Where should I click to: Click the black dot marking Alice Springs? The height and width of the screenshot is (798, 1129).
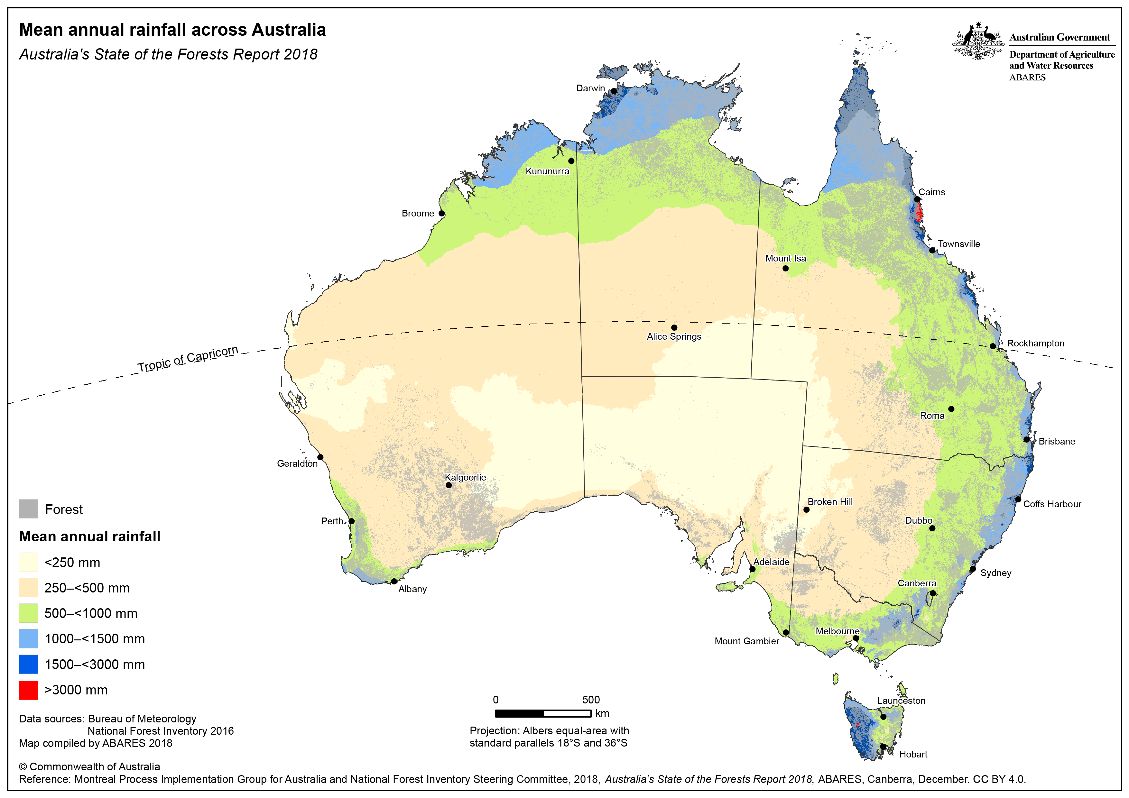coord(674,327)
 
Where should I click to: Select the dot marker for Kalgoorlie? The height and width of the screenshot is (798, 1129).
coord(449,485)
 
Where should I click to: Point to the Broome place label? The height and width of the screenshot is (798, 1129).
coord(418,213)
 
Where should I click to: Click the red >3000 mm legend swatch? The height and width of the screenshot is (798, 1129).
coord(29,690)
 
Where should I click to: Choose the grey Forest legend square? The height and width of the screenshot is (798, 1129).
coord(29,509)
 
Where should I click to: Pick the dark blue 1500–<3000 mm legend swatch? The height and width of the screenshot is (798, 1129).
coord(29,664)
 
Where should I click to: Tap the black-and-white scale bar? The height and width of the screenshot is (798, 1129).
coord(543,713)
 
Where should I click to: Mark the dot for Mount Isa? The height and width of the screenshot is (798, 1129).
coord(785,269)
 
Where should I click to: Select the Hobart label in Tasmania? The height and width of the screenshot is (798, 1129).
coord(913,754)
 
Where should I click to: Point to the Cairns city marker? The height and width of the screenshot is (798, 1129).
coord(917,199)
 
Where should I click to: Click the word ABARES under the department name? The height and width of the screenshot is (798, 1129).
coord(1027,78)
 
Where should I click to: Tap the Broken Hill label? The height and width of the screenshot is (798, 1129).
coord(830,502)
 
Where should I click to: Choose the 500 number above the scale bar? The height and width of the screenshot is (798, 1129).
coord(591,700)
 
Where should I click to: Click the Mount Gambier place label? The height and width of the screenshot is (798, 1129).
coord(746,641)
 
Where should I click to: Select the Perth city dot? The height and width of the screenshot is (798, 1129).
coord(352,521)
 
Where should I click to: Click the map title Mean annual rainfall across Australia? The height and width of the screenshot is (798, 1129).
coord(172,30)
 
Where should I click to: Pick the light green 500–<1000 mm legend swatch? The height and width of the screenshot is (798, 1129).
coord(29,613)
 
